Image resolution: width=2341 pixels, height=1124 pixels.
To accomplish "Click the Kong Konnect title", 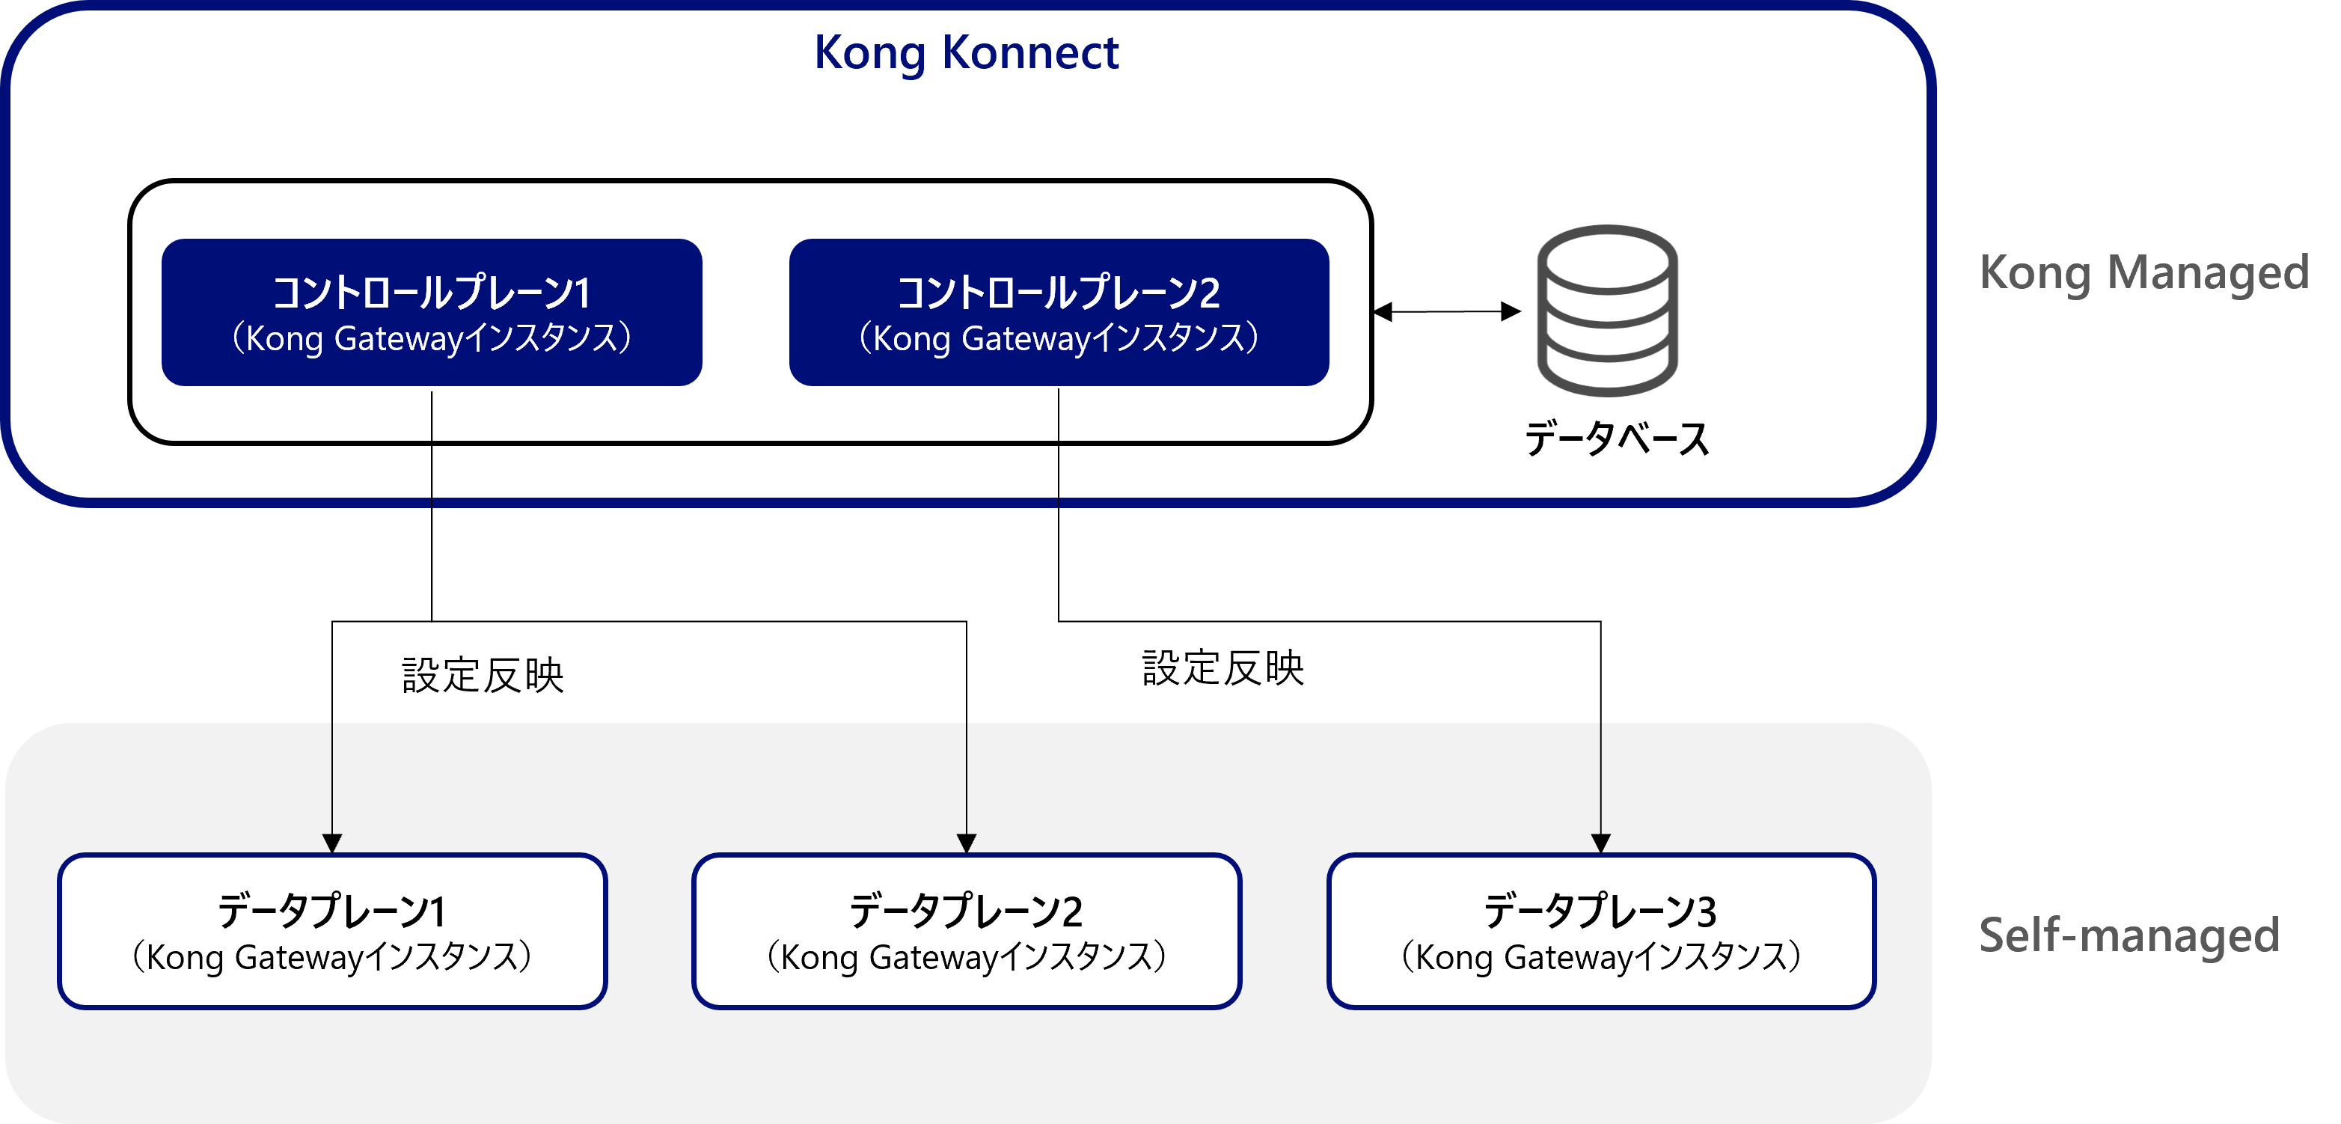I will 965,52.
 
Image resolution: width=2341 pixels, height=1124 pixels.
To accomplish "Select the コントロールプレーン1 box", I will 432,313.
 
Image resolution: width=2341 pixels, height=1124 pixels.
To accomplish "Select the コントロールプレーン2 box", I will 1059,313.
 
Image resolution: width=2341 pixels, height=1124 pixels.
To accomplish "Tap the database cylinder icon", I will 1607,311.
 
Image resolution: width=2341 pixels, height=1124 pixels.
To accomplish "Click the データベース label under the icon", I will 1616,439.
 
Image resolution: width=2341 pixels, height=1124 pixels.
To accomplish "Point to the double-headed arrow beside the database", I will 1446,311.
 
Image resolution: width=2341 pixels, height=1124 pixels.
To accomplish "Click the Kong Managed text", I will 2143,272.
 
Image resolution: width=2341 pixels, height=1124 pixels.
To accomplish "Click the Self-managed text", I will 2129,935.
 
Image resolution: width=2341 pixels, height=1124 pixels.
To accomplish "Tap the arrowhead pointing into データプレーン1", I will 331,843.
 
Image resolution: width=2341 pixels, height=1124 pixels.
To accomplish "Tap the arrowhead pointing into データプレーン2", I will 966,843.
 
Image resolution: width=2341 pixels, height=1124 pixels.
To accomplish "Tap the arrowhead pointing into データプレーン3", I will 1600,843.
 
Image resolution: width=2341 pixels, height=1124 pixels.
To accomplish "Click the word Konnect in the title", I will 1029,52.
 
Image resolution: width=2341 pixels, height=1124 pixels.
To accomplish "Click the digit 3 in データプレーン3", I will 1706,912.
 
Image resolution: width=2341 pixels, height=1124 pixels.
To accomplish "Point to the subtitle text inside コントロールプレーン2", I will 1059,339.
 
